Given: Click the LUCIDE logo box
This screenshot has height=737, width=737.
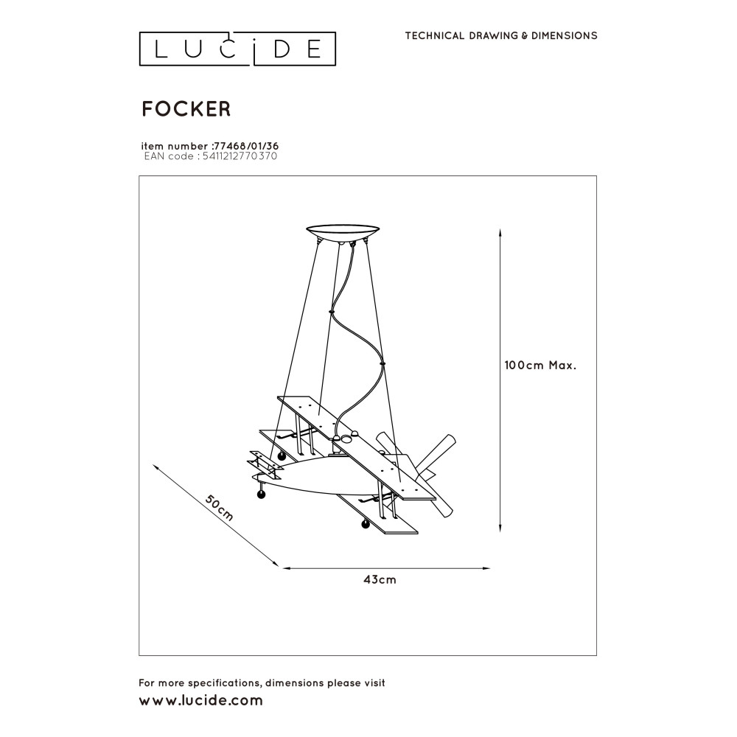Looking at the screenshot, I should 238,49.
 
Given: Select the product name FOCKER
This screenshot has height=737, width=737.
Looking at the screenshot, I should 186,109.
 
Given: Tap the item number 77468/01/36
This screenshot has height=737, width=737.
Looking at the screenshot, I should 245,146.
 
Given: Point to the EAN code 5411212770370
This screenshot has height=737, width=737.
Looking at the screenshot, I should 239,156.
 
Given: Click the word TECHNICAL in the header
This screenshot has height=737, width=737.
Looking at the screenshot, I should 434,35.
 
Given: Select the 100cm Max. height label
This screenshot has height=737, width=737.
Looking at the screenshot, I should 539,365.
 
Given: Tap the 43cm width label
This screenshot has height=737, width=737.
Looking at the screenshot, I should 380,579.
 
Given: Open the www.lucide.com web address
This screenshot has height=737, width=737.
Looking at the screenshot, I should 200,701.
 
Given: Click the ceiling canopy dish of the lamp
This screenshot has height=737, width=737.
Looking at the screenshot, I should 343,231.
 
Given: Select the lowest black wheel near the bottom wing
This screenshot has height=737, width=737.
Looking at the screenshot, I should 364,524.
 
